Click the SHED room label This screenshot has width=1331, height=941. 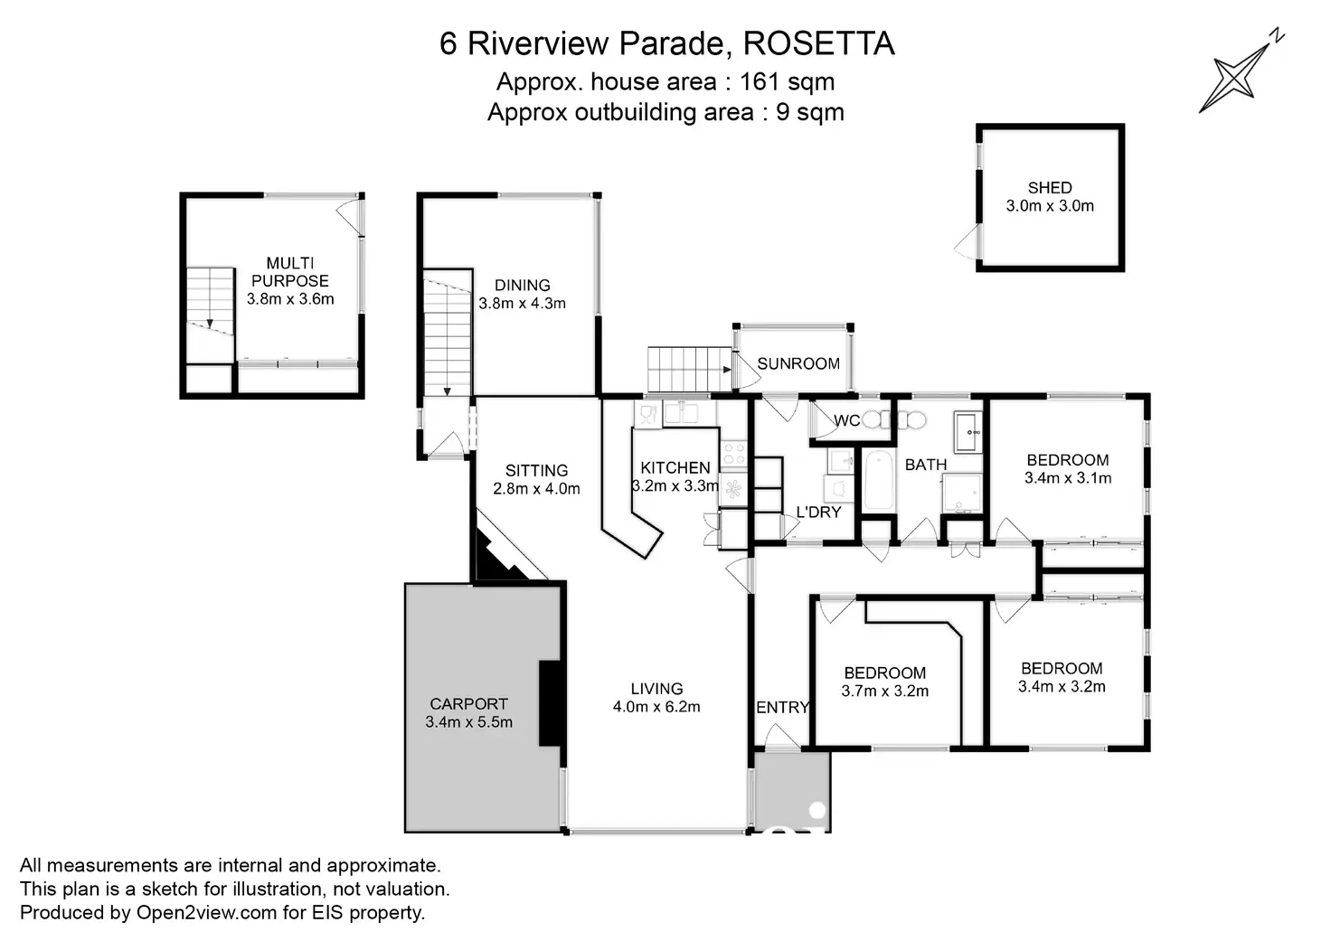pyautogui.click(x=1050, y=188)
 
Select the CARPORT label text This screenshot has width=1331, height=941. pyautogui.click(x=468, y=704)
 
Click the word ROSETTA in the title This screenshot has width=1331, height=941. pyautogui.click(x=819, y=43)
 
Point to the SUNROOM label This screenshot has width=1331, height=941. pyautogui.click(x=798, y=363)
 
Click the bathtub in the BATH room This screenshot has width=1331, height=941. pyautogui.click(x=878, y=480)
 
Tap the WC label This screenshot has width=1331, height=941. pyautogui.click(x=846, y=420)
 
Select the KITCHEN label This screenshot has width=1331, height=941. pyautogui.click(x=675, y=468)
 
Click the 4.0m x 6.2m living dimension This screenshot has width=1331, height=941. pyautogui.click(x=656, y=706)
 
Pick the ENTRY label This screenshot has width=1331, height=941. pyautogui.click(x=782, y=707)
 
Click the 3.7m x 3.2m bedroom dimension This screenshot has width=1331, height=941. pyautogui.click(x=884, y=691)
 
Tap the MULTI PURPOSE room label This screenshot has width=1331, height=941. pyautogui.click(x=290, y=271)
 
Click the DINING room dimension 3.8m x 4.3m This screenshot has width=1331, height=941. pyautogui.click(x=522, y=303)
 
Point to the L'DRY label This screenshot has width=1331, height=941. pyautogui.click(x=818, y=513)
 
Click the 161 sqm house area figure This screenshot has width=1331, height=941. pyautogui.click(x=787, y=82)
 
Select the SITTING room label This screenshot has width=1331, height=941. pyautogui.click(x=536, y=470)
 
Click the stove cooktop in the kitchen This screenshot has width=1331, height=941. pyautogui.click(x=733, y=455)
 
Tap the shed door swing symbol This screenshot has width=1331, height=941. pyautogui.click(x=968, y=241)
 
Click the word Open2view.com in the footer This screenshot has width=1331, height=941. pyautogui.click(x=207, y=912)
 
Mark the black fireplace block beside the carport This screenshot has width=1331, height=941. pyautogui.click(x=551, y=702)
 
